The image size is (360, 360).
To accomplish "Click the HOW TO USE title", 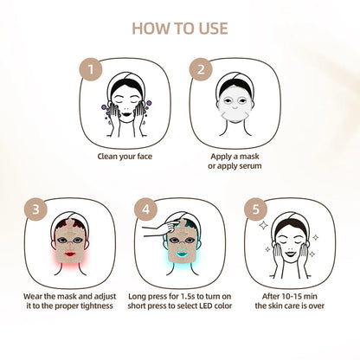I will [x=180, y=28].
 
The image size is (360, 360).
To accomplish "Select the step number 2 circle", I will [x=202, y=69].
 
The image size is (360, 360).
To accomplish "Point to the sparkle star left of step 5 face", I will [x=263, y=227].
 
